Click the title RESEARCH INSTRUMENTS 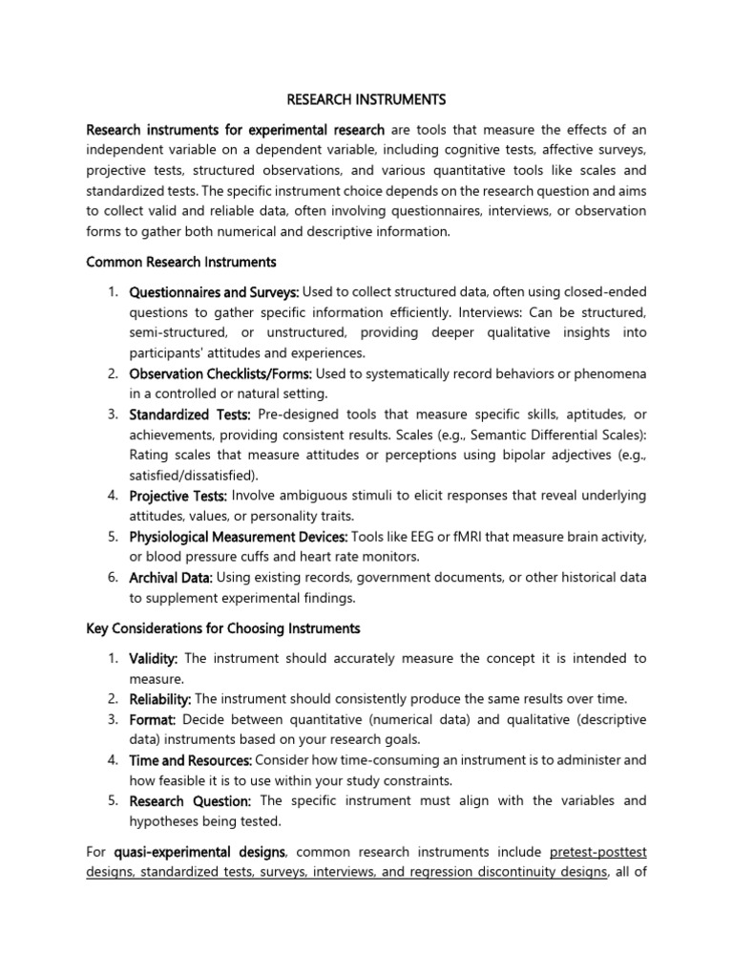tap(366, 98)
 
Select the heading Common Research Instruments tap(181, 261)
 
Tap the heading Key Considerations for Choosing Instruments tap(223, 627)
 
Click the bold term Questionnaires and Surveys tap(215, 290)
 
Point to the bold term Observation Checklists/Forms tap(220, 372)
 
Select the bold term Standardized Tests tap(190, 414)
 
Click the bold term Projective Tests tap(178, 495)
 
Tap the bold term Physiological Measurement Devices tap(239, 537)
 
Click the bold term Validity tap(154, 658)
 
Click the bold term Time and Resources tap(190, 759)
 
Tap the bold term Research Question tap(190, 800)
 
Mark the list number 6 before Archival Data tap(112, 577)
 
